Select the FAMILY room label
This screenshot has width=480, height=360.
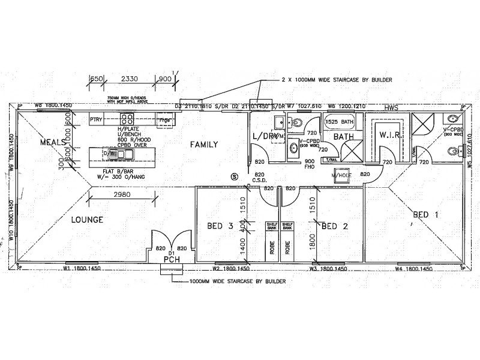tap(204, 144)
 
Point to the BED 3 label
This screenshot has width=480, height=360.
tap(220, 226)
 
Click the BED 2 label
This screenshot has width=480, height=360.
tap(334, 226)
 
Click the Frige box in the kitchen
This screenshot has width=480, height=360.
tap(165, 120)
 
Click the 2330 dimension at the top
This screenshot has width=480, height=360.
tap(129, 79)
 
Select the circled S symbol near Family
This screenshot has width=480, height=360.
tap(235, 176)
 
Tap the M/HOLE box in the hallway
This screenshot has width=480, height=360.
tap(343, 175)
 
